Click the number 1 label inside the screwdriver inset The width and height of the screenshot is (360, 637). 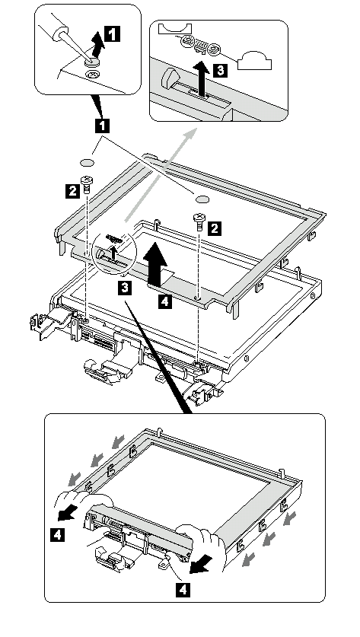coord(113,33)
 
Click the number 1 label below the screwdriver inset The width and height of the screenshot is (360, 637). coord(102,126)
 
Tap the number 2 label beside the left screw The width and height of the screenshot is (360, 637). coord(72,190)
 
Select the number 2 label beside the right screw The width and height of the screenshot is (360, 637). coord(215,228)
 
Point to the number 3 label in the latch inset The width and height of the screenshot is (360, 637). coord(220,70)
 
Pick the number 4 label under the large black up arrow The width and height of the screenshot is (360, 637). coord(164,301)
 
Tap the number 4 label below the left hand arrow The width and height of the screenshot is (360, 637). coord(57,534)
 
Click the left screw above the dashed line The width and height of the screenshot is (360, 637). coord(86,184)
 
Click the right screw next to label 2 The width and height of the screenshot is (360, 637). coord(199,221)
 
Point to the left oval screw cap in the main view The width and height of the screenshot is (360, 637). coord(87,163)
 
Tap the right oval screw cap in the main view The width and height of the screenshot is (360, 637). coord(202,199)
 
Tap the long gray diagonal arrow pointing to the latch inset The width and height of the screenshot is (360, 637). coord(161,175)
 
